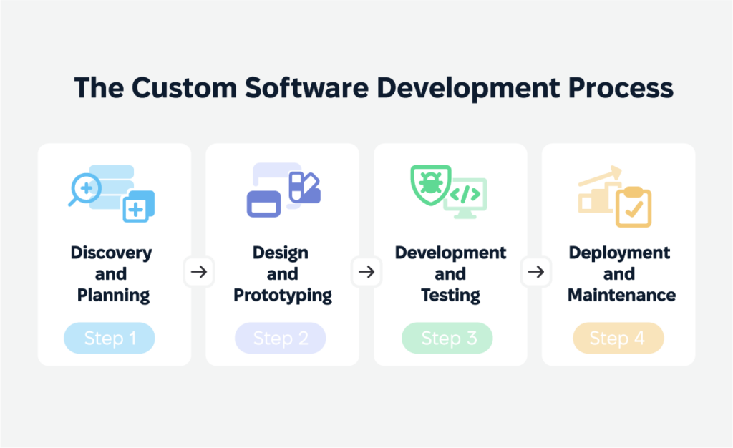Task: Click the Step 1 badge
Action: tap(110, 338)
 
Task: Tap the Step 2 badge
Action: tap(281, 338)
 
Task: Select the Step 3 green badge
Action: tap(447, 338)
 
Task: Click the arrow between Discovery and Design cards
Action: tap(198, 272)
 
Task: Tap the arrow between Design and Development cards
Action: tap(366, 272)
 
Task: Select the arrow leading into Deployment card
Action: tap(534, 272)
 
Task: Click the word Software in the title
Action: tap(310, 88)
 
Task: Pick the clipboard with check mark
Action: tap(634, 208)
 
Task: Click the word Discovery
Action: tap(111, 253)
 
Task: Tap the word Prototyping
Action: tap(283, 295)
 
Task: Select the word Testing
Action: tap(450, 295)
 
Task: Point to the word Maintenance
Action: tap(621, 295)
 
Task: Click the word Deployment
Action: tap(619, 253)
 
